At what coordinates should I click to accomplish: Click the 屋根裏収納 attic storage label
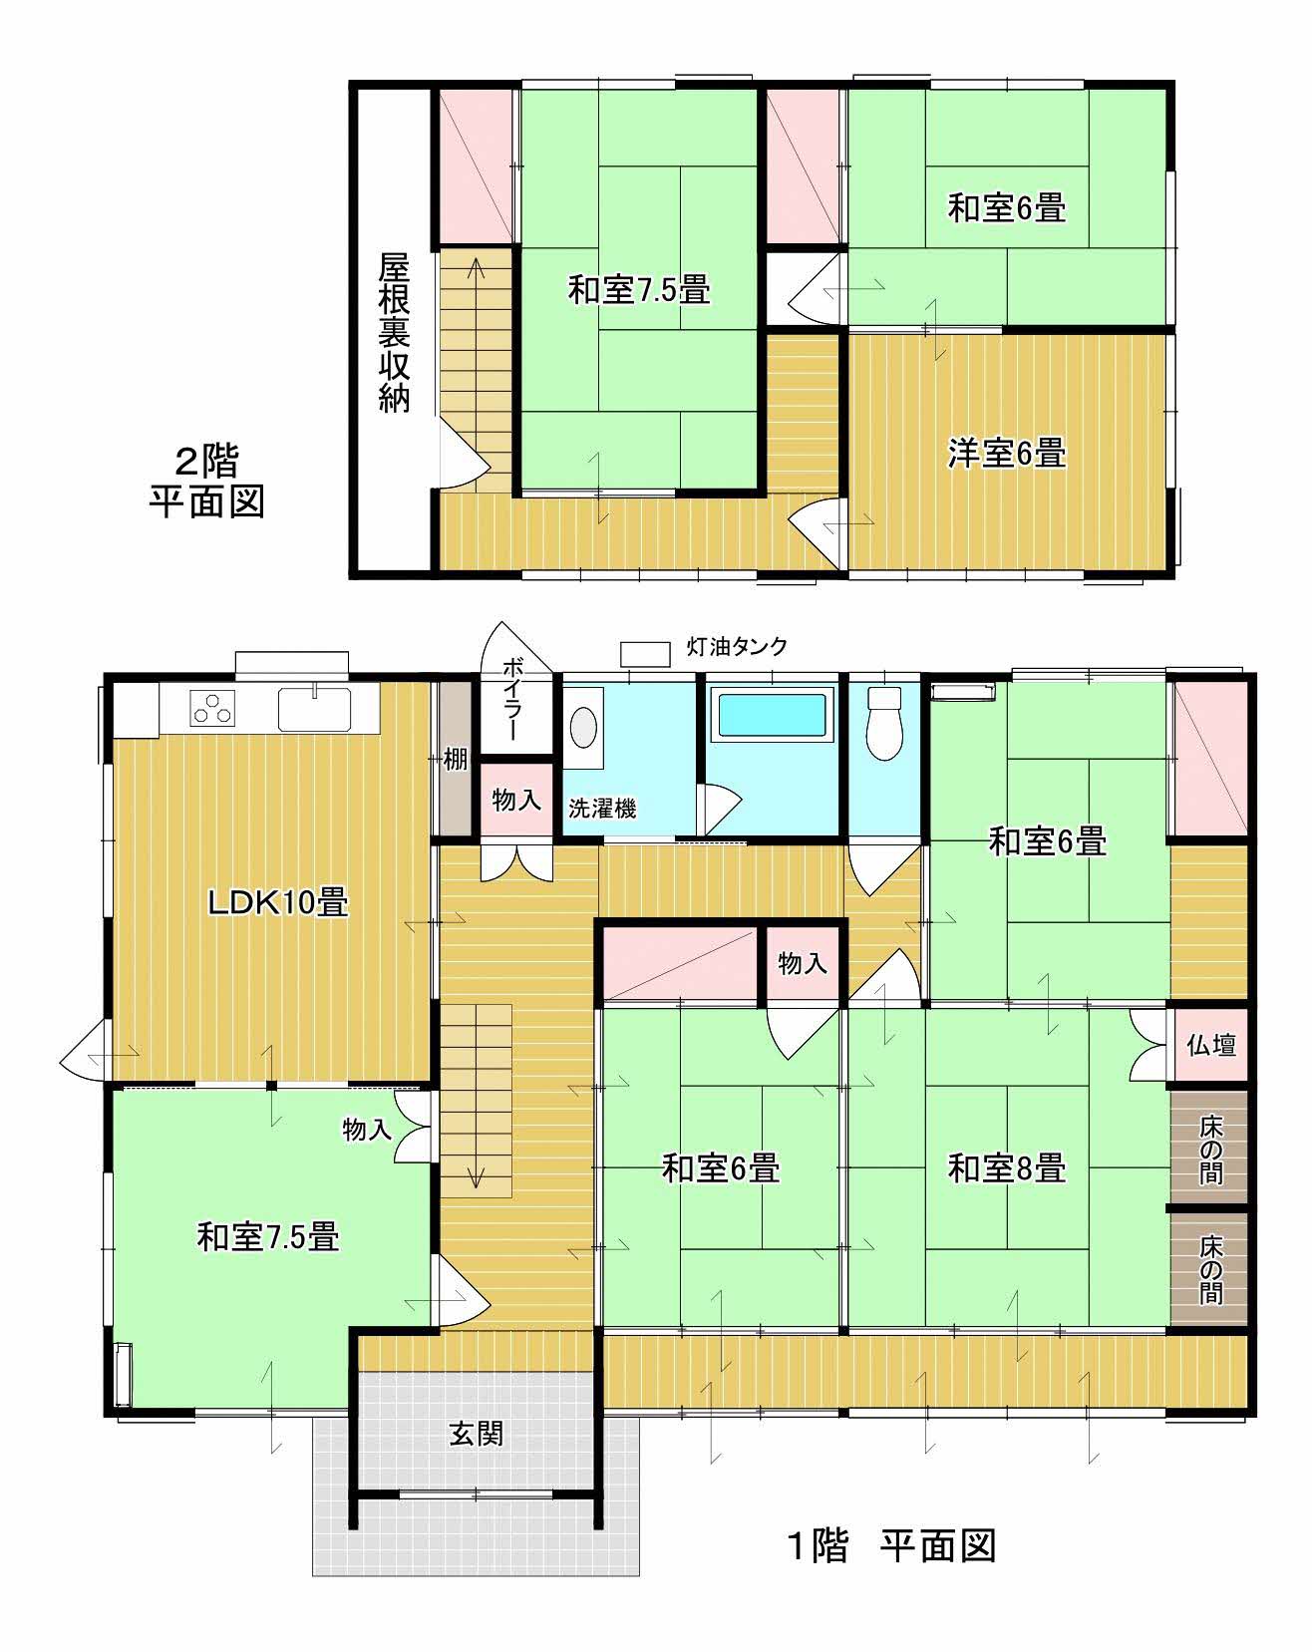pyautogui.click(x=395, y=333)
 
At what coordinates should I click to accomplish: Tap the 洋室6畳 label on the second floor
pyautogui.click(x=1006, y=454)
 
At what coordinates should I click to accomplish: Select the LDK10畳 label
pyautogui.click(x=277, y=903)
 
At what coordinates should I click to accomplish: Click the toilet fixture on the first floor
pyautogui.click(x=884, y=722)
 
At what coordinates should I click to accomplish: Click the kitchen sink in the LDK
pyautogui.click(x=314, y=709)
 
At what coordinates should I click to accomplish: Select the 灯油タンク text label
pyautogui.click(x=738, y=646)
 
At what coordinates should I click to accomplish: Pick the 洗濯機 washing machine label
pyautogui.click(x=602, y=809)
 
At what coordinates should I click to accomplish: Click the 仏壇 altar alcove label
pyautogui.click(x=1211, y=1045)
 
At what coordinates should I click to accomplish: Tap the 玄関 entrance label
pyautogui.click(x=476, y=1434)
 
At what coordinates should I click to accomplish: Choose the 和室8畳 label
pyautogui.click(x=1007, y=1167)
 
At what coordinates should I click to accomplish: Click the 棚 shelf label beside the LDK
pyautogui.click(x=455, y=760)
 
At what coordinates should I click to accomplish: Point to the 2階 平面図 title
pyautogui.click(x=207, y=482)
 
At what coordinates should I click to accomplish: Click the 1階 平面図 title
pyautogui.click(x=892, y=1546)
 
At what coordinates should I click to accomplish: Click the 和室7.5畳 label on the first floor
pyautogui.click(x=268, y=1237)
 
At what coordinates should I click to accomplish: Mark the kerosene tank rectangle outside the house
pyautogui.click(x=645, y=653)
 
